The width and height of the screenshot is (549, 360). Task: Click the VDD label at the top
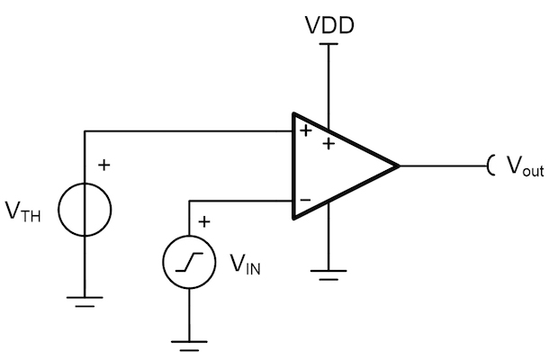tap(329, 25)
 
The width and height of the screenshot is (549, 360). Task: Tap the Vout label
tap(526, 166)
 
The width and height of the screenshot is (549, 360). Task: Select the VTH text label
tap(23, 211)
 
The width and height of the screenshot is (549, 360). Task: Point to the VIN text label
tap(245, 264)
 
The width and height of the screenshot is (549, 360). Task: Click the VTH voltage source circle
tap(58, 210)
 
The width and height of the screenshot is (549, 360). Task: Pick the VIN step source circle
tap(163, 262)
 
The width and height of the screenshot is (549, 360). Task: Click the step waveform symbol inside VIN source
tap(189, 262)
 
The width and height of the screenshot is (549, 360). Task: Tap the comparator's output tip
tap(400, 166)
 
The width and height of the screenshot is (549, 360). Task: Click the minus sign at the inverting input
tap(305, 200)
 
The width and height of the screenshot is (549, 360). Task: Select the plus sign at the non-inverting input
tap(306, 130)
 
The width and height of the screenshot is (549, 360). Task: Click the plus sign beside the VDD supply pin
tap(328, 144)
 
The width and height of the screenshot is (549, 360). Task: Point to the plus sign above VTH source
tap(104, 165)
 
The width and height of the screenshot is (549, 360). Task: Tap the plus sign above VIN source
tap(204, 221)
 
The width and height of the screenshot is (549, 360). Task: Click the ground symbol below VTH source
tap(85, 301)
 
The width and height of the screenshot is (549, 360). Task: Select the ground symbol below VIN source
tap(189, 346)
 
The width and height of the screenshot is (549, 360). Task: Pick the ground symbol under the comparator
tap(328, 275)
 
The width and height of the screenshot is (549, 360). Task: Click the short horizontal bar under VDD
tap(328, 44)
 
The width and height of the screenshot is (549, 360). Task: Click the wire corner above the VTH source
tap(85, 131)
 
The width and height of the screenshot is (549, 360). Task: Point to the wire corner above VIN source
tap(189, 201)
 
